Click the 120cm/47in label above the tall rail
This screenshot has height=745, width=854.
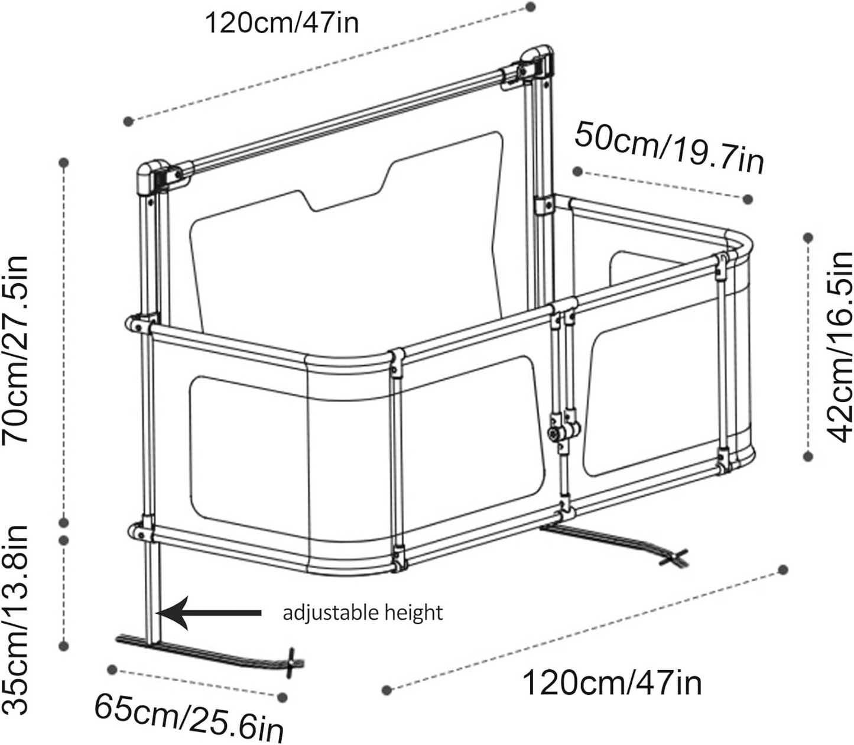click(281, 24)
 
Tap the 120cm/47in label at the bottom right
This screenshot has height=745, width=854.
click(612, 683)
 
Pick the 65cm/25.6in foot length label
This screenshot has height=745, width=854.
click(189, 717)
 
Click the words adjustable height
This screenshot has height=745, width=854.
click(362, 613)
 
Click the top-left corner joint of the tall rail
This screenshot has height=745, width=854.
click(151, 176)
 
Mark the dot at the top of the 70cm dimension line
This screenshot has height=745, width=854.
click(64, 162)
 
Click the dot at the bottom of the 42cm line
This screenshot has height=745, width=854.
click(808, 455)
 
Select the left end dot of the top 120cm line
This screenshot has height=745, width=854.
click(128, 121)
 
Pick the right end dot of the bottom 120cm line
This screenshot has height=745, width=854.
click(783, 569)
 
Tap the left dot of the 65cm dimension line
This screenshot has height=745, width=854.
click(112, 669)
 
